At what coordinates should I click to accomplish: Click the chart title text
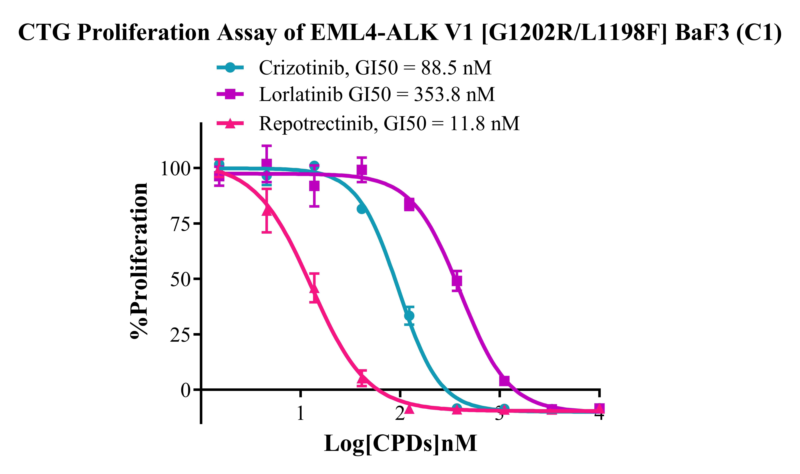click(400, 33)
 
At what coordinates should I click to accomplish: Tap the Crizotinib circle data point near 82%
click(361, 209)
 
